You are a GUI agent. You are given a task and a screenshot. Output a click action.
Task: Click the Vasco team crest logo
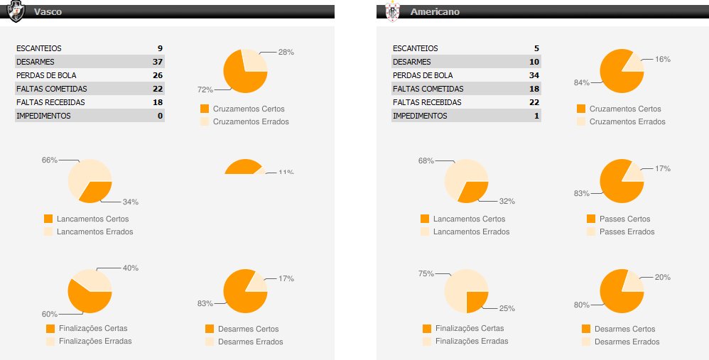pyautogui.click(x=15, y=11)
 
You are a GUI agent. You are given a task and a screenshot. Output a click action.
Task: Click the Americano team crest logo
pyautogui.click(x=391, y=11)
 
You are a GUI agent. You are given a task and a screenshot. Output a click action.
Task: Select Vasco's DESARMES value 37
pyautogui.click(x=158, y=62)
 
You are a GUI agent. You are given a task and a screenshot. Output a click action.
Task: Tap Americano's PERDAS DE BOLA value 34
pyautogui.click(x=534, y=75)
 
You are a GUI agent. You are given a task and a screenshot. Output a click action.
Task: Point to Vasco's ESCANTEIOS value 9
pyautogui.click(x=160, y=48)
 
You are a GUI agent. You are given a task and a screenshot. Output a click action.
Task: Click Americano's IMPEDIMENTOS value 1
pyautogui.click(x=537, y=116)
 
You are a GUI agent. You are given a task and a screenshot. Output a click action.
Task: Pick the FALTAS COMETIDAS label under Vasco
pyautogui.click(x=51, y=89)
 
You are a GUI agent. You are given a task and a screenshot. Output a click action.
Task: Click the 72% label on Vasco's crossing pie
pyautogui.click(x=205, y=90)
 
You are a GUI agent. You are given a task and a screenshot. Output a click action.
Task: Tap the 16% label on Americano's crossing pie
pyautogui.click(x=663, y=60)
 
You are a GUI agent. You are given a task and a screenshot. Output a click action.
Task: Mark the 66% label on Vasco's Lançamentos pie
pyautogui.click(x=49, y=160)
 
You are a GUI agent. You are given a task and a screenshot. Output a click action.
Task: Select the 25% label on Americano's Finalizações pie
pyautogui.click(x=507, y=309)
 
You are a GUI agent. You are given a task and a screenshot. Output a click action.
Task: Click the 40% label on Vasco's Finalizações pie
pyautogui.click(x=131, y=268)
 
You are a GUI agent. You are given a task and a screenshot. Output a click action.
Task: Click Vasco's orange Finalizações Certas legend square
pyautogui.click(x=50, y=329)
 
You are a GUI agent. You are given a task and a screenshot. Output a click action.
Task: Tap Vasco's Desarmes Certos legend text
pyautogui.click(x=248, y=329)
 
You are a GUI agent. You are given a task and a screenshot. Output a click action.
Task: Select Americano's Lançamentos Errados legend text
pyautogui.click(x=471, y=231)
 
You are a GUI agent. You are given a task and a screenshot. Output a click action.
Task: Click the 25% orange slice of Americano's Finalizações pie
pyautogui.click(x=476, y=301)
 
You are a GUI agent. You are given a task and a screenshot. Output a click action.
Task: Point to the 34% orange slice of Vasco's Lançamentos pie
pyautogui.click(x=97, y=191)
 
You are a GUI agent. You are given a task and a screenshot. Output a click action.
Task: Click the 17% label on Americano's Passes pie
pyautogui.click(x=663, y=169)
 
